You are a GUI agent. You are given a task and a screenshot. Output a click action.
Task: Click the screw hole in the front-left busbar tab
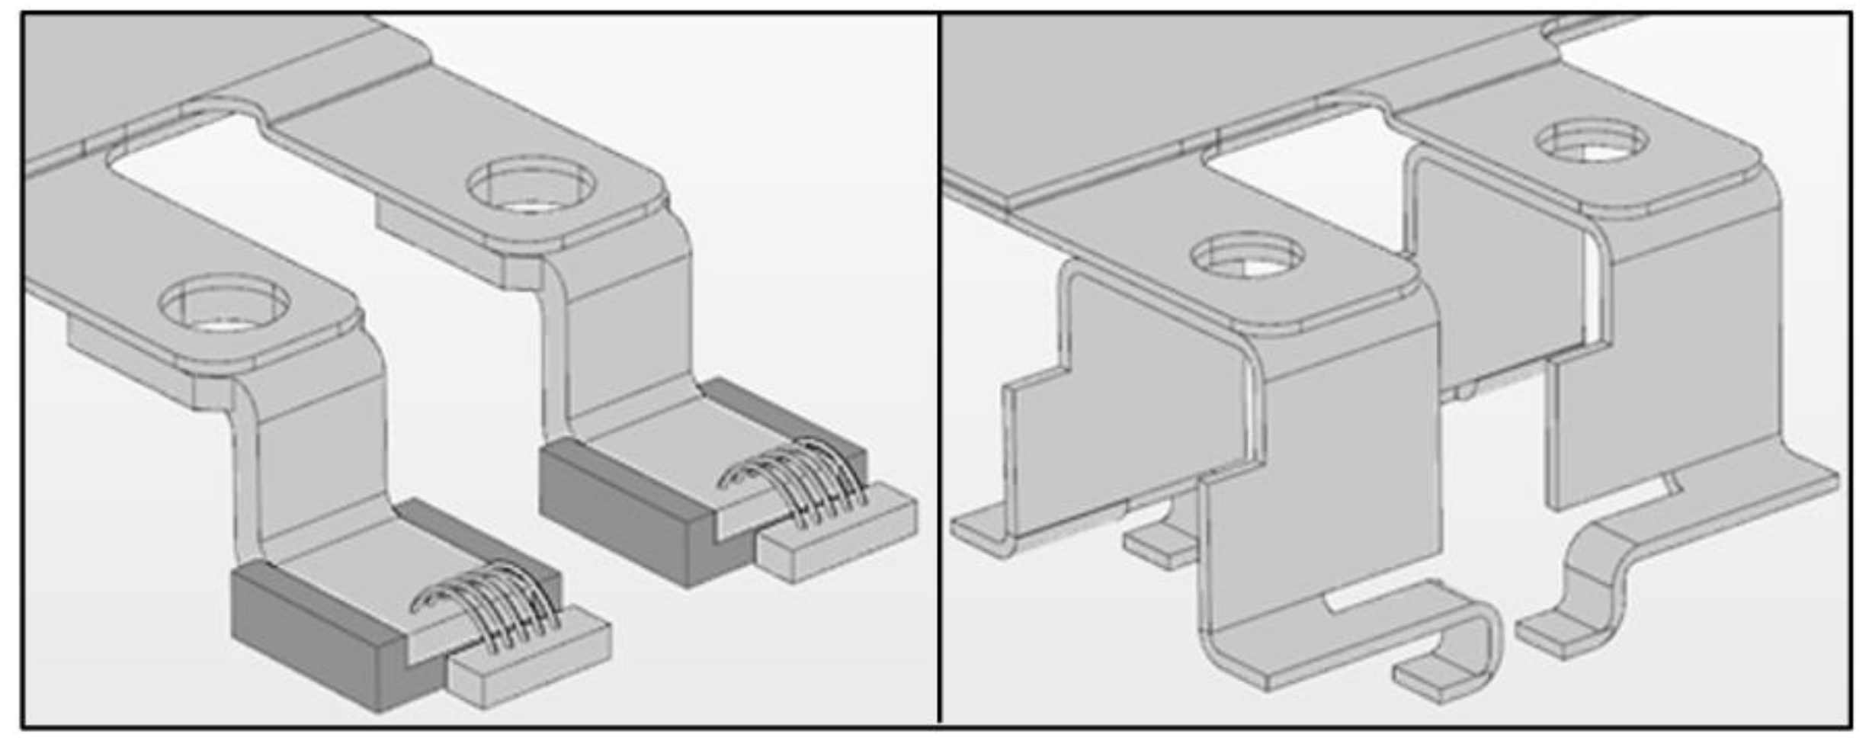pos(224,306)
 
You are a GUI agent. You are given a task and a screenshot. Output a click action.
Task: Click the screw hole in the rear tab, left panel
pos(531,185)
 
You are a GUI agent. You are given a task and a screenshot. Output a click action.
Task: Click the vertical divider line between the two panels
pos(939,366)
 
